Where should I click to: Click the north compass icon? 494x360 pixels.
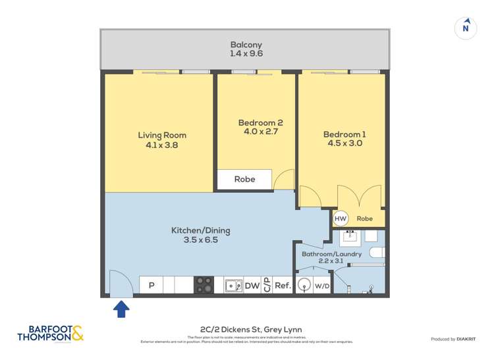466,28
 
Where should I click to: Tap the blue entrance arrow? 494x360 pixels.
122,308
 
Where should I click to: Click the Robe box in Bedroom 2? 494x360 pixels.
244,179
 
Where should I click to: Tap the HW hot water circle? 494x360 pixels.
341,219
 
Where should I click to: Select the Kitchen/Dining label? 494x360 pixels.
200,235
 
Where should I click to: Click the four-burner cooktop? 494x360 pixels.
204,285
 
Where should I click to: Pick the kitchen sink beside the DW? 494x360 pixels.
233,285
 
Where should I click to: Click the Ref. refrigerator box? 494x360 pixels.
283,286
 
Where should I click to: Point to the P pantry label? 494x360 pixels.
151,286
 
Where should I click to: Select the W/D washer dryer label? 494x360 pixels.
321,286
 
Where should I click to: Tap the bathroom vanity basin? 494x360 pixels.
350,236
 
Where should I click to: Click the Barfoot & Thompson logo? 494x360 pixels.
51,333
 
